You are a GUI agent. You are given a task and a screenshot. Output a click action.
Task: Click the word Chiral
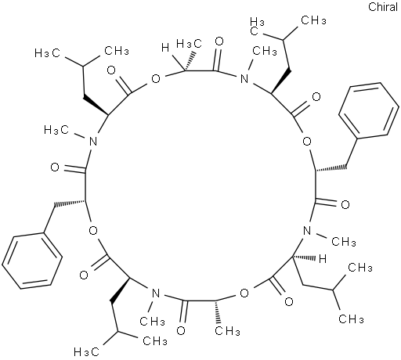[383, 7]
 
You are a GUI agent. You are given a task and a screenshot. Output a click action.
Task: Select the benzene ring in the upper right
[368, 110]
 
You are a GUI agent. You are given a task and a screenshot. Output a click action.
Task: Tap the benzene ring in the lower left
[32, 261]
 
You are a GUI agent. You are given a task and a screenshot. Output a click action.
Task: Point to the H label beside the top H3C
[165, 48]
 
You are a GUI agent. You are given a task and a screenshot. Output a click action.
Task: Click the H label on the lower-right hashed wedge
[323, 259]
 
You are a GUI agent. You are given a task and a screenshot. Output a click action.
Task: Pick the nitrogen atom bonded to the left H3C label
[93, 142]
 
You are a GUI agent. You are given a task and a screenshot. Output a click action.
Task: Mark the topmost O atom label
[220, 41]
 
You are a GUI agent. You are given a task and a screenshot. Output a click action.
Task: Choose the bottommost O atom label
[181, 330]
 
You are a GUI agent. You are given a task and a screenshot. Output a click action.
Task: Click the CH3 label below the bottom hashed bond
[227, 331]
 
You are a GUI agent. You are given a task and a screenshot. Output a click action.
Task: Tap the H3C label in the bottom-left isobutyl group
[86, 351]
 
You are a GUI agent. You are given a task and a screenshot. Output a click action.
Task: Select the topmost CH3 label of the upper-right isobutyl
[313, 20]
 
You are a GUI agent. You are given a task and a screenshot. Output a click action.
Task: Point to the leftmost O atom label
[55, 167]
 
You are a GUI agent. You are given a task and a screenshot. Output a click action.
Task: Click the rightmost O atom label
[345, 204]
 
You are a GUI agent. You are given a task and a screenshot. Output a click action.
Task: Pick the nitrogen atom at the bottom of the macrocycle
[156, 293]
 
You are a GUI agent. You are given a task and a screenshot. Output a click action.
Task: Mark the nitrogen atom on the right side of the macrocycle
[307, 231]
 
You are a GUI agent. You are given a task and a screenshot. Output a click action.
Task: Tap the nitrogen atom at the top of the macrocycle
[244, 78]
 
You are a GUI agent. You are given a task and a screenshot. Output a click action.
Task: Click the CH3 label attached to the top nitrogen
[265, 51]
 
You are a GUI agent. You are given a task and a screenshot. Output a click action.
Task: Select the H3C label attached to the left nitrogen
[56, 130]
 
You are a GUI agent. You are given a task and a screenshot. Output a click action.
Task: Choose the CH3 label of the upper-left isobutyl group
[117, 51]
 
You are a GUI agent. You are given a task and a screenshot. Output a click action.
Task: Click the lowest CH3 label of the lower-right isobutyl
[351, 319]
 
